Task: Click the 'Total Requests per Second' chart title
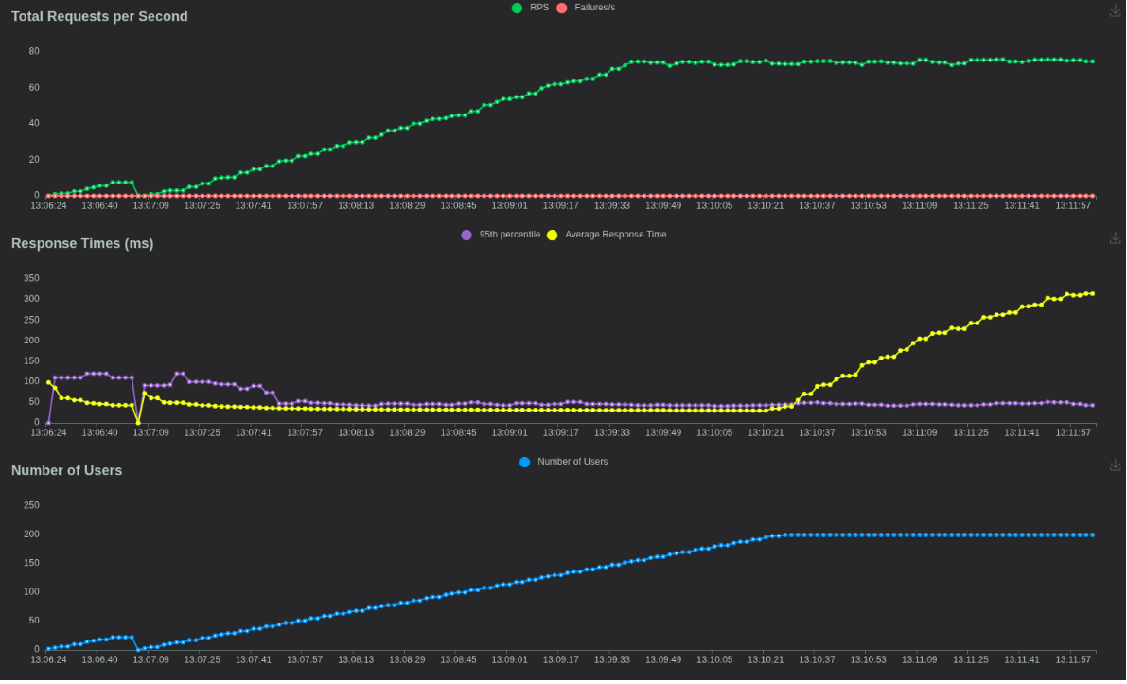pyautogui.click(x=99, y=16)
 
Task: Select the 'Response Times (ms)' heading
pyautogui.click(x=82, y=243)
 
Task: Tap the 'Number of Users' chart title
pyautogui.click(x=66, y=470)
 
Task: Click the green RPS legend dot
pyautogui.click(x=517, y=8)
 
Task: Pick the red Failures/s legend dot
pyautogui.click(x=562, y=8)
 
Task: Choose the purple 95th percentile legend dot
pyautogui.click(x=467, y=235)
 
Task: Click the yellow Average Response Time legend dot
pyautogui.click(x=553, y=235)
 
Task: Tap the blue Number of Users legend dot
pyautogui.click(x=525, y=462)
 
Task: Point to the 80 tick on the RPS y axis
pyautogui.click(x=34, y=51)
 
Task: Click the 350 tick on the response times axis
pyautogui.click(x=31, y=278)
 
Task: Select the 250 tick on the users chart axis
pyautogui.click(x=31, y=505)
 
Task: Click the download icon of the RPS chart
pyautogui.click(x=1116, y=10)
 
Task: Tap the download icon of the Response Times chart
pyautogui.click(x=1116, y=237)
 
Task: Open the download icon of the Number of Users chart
pyautogui.click(x=1116, y=465)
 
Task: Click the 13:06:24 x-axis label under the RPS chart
pyautogui.click(x=48, y=205)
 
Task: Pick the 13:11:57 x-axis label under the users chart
pyautogui.click(x=1074, y=659)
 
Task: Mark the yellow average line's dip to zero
pyautogui.click(x=138, y=422)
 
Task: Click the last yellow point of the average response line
pyautogui.click(x=1092, y=293)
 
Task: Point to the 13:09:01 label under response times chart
pyautogui.click(x=509, y=432)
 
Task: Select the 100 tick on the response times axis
pyautogui.click(x=31, y=381)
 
